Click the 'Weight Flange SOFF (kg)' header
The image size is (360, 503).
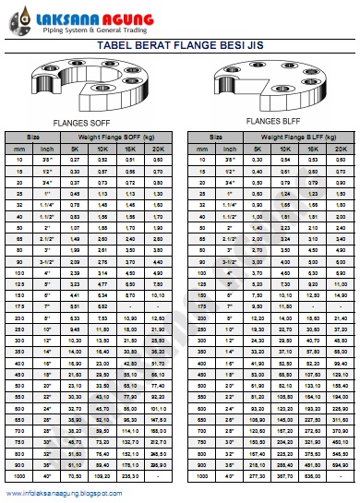tap(120, 137)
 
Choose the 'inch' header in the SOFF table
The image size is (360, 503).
tap(46, 148)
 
